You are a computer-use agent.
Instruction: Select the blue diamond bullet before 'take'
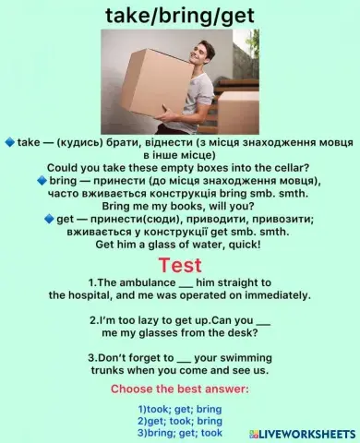[x=9, y=143]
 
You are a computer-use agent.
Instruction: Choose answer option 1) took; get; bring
[x=180, y=409]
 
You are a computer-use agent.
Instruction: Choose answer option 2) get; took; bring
[x=180, y=420]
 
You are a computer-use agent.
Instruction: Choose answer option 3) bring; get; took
[x=180, y=432]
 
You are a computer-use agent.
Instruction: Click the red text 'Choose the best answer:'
[x=180, y=389]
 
